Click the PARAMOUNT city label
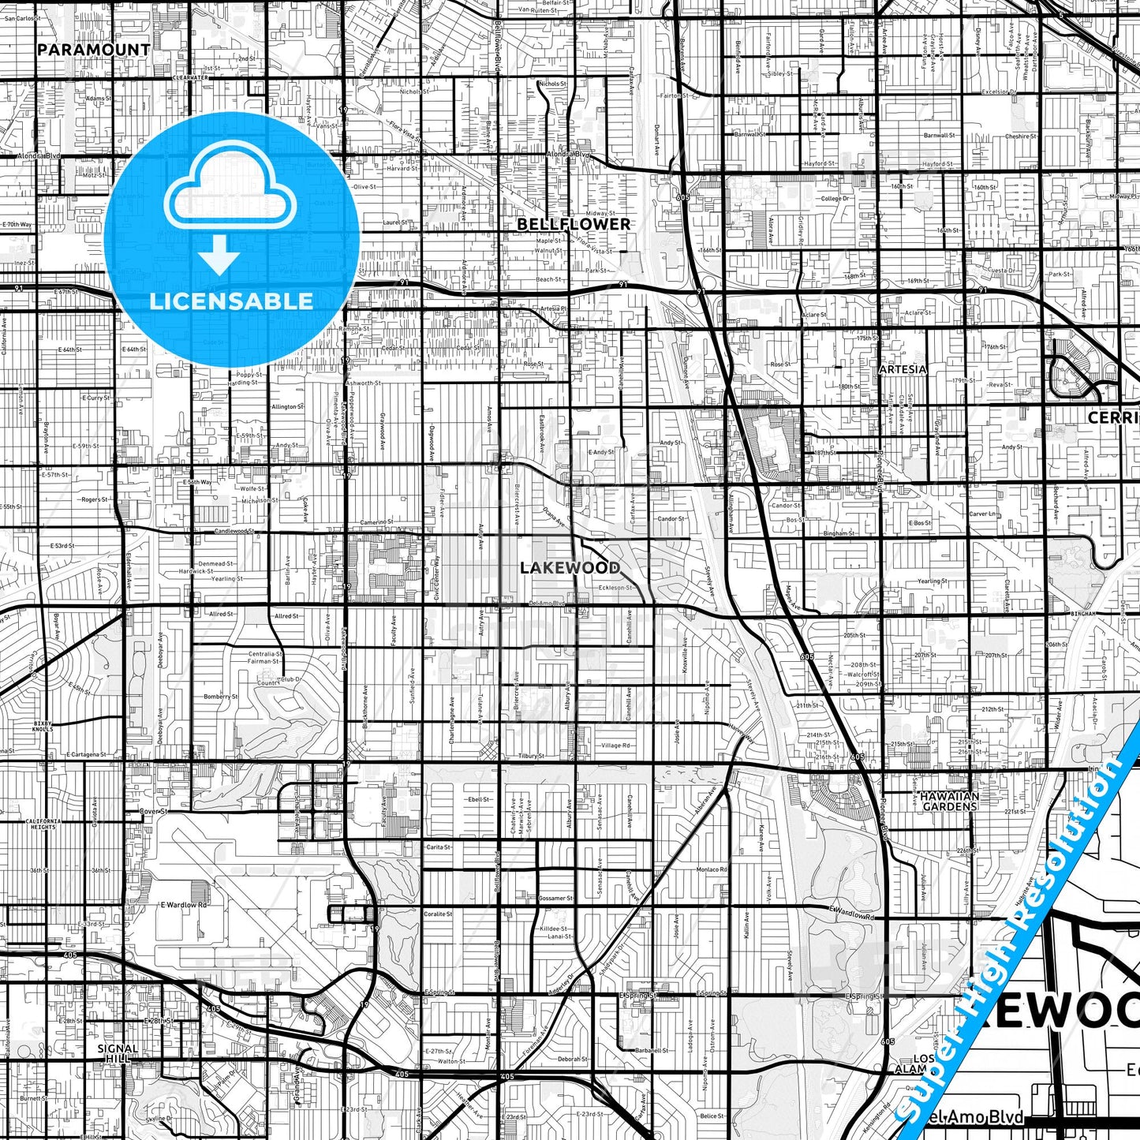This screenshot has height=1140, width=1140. tap(93, 50)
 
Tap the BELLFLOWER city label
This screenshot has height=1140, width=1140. tap(574, 225)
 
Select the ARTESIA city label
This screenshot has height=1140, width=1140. tap(903, 369)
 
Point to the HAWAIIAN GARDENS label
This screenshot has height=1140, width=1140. tap(949, 802)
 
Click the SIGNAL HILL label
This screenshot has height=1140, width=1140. tap(118, 1053)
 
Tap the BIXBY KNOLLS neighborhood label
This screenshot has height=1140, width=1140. tap(43, 726)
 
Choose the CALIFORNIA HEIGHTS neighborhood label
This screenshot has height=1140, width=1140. tap(42, 824)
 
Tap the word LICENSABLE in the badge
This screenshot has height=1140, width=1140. tap(231, 301)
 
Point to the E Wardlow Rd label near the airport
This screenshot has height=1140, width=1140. tap(183, 905)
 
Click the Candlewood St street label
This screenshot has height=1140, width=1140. tap(234, 532)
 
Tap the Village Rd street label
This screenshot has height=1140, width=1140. tap(615, 746)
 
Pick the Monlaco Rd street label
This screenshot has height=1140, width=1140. tap(711, 869)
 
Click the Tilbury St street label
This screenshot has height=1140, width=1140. tap(532, 756)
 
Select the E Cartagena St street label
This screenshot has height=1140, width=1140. tap(86, 755)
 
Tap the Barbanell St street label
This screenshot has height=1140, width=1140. tap(651, 1051)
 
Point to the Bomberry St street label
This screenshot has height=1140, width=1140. tap(220, 697)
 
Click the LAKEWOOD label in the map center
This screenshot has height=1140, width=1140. tap(570, 568)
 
